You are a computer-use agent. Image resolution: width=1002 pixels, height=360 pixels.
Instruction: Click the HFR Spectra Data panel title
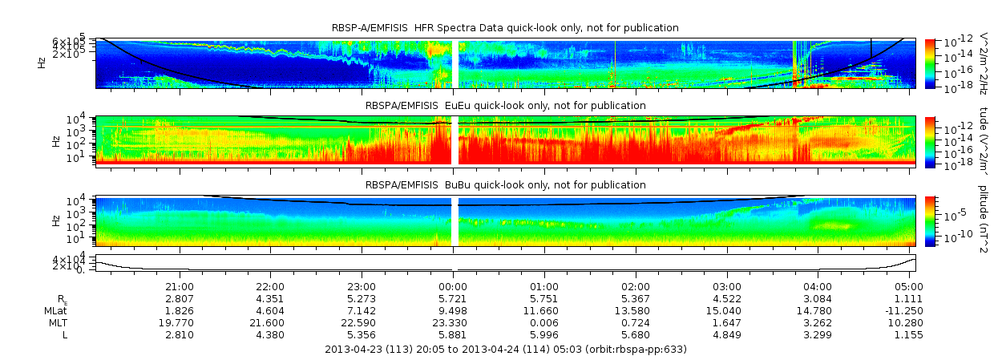tap(505, 28)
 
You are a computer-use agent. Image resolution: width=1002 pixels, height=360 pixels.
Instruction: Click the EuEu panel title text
tap(505, 106)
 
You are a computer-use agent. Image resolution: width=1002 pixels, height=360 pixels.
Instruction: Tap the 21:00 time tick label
tap(179, 286)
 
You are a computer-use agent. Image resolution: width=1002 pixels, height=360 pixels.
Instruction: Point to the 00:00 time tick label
tap(453, 286)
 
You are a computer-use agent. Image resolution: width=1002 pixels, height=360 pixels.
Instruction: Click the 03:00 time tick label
tap(727, 286)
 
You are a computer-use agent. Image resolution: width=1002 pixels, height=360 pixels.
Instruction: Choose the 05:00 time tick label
tap(908, 286)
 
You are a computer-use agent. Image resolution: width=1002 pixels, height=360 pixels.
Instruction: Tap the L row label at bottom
tap(65, 334)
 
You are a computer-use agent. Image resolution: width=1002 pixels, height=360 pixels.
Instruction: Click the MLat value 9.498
tap(453, 310)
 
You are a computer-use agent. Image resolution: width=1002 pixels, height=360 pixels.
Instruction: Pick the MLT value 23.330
tap(453, 322)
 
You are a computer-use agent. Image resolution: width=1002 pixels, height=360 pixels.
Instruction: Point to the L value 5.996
tap(544, 334)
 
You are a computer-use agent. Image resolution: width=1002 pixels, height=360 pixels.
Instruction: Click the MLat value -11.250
tap(908, 310)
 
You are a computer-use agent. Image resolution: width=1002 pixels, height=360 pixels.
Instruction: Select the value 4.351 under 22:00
tap(270, 298)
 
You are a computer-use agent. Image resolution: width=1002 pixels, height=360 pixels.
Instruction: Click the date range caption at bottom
tap(505, 350)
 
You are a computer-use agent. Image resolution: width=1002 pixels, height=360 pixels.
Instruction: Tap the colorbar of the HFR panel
tap(930, 63)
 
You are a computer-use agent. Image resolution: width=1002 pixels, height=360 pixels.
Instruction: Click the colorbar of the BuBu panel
tap(930, 220)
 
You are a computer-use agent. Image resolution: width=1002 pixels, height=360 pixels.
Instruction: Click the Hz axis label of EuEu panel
tap(55, 141)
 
